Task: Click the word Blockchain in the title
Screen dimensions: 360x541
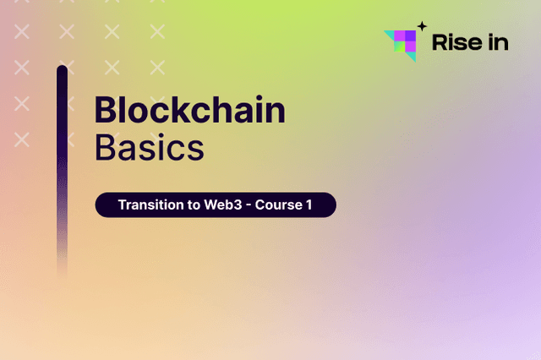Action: tap(189, 111)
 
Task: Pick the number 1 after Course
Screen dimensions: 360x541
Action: tap(320, 205)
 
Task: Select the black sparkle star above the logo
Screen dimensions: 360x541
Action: tap(422, 26)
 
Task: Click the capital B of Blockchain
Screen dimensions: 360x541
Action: tap(104, 111)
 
